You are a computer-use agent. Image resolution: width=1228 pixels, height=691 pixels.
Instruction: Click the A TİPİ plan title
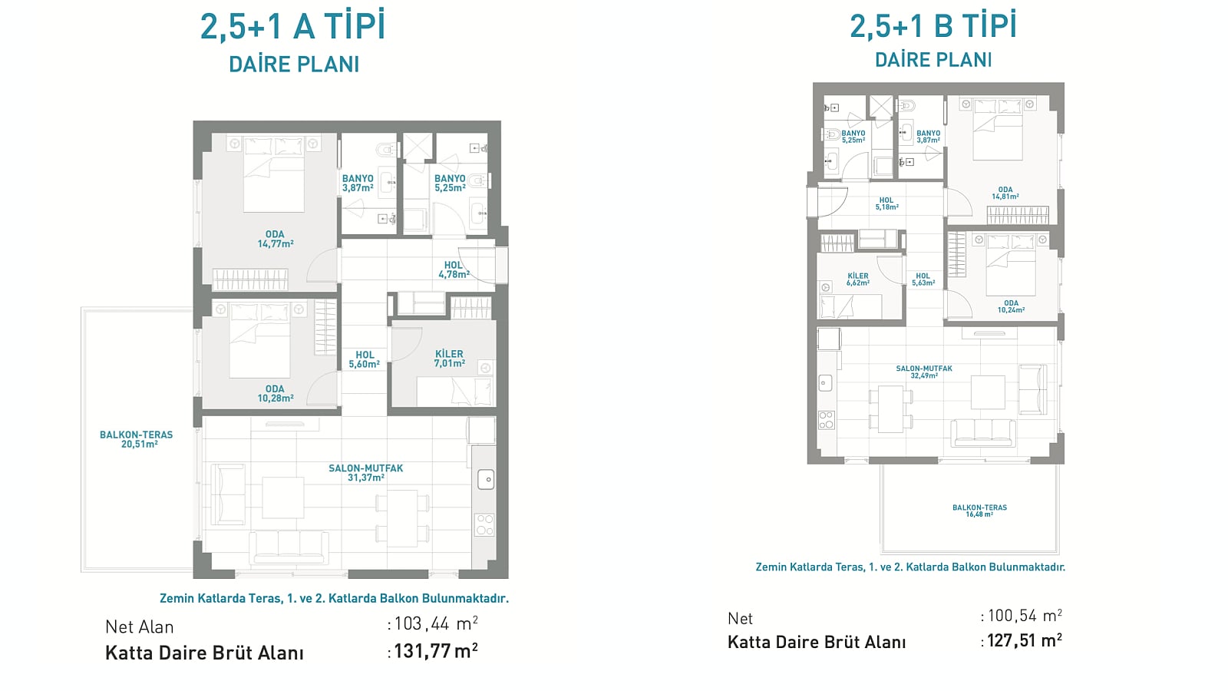tap(293, 27)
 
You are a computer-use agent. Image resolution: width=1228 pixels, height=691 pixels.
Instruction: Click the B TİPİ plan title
tap(933, 26)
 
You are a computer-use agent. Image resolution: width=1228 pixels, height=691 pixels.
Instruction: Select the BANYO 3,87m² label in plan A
tap(358, 183)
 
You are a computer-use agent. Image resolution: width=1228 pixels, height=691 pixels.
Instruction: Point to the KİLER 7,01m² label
tap(450, 359)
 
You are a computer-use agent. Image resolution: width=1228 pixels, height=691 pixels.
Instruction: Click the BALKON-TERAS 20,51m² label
tap(136, 439)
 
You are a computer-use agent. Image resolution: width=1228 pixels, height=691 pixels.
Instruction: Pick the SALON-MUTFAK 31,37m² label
tap(365, 473)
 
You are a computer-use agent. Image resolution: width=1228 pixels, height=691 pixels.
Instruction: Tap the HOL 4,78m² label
tap(454, 269)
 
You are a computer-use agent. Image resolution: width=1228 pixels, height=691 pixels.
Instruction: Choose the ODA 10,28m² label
tap(276, 394)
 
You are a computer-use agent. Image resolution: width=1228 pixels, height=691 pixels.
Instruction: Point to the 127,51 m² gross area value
tap(1025, 640)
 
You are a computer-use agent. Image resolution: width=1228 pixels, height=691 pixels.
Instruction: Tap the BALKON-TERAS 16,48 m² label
tap(979, 511)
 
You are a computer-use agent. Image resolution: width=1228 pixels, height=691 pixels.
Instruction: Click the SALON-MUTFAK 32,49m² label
tap(924, 372)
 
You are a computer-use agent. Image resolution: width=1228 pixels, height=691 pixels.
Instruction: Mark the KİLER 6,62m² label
tap(858, 279)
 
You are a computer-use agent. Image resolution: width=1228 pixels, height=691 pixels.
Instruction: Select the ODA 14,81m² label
tap(1005, 193)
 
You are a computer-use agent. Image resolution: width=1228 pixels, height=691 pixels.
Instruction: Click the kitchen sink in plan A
tap(486, 480)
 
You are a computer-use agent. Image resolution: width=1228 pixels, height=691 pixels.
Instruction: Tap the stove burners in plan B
tap(826, 420)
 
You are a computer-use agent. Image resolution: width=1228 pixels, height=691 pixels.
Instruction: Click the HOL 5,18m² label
tap(886, 204)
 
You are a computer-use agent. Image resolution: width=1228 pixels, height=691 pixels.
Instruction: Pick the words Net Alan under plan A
tap(139, 627)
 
